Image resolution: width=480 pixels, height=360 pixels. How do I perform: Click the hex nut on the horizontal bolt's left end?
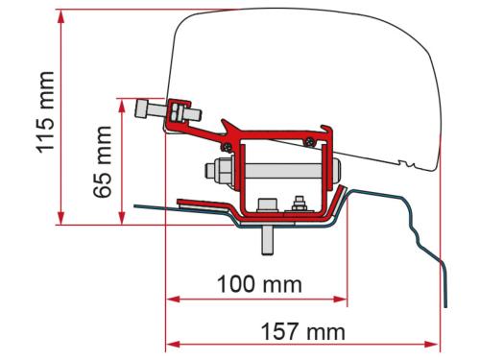[x=213, y=179]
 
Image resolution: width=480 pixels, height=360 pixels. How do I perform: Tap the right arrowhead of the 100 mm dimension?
[x=341, y=298]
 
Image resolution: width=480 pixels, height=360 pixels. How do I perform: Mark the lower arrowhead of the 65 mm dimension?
[x=120, y=222]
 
